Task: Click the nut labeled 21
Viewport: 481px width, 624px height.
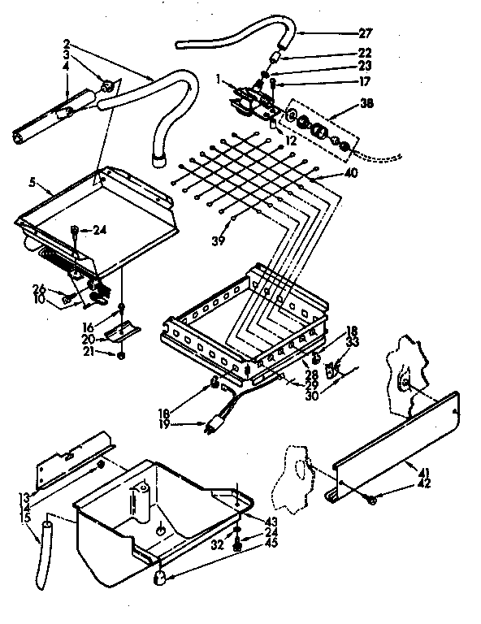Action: pyautogui.click(x=121, y=355)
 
